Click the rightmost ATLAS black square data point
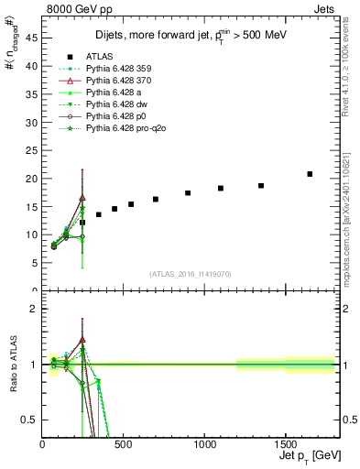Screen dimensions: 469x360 click(x=310, y=174)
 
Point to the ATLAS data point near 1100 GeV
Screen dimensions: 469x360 click(x=221, y=188)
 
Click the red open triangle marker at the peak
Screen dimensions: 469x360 click(x=82, y=197)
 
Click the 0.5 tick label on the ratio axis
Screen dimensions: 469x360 click(x=27, y=420)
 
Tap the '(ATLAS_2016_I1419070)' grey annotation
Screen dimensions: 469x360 click(x=191, y=273)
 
